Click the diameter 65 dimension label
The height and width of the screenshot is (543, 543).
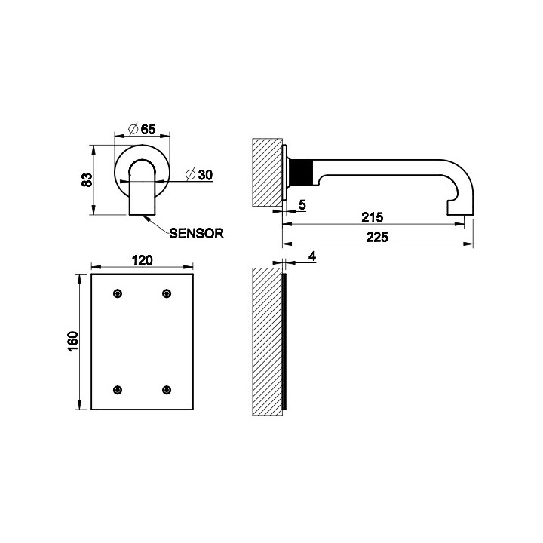point(141,129)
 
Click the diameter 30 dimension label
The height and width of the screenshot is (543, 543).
point(198,174)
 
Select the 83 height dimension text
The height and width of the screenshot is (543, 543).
point(87,179)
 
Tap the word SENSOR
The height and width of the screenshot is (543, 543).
point(196,233)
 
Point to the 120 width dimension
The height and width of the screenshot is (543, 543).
point(143,260)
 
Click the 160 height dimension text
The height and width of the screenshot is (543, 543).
point(73,342)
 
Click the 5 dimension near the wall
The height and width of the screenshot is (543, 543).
point(302,204)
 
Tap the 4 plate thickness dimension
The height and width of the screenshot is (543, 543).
point(311,257)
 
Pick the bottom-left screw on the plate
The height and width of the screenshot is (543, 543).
point(117,389)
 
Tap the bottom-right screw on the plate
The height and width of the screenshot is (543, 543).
point(167,389)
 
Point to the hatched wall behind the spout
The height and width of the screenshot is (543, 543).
point(267,171)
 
